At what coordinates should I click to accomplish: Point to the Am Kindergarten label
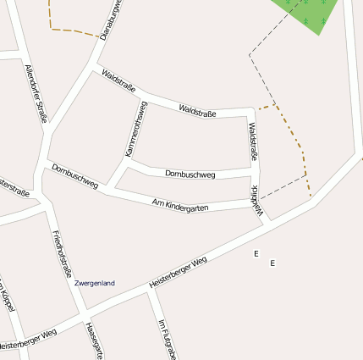pyautogui.click(x=180, y=205)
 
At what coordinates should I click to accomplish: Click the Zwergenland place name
pyautogui.click(x=94, y=283)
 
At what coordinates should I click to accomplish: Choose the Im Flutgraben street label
pyautogui.click(x=166, y=339)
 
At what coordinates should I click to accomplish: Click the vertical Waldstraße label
pyautogui.click(x=253, y=141)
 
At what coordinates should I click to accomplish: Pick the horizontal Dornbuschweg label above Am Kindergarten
pyautogui.click(x=190, y=174)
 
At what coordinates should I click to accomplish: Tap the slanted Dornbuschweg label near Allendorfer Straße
pyautogui.click(x=74, y=175)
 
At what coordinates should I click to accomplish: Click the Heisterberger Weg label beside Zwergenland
pyautogui.click(x=178, y=273)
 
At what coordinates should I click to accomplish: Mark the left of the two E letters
pyautogui.click(x=256, y=253)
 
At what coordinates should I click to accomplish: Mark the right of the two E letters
pyautogui.click(x=272, y=263)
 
